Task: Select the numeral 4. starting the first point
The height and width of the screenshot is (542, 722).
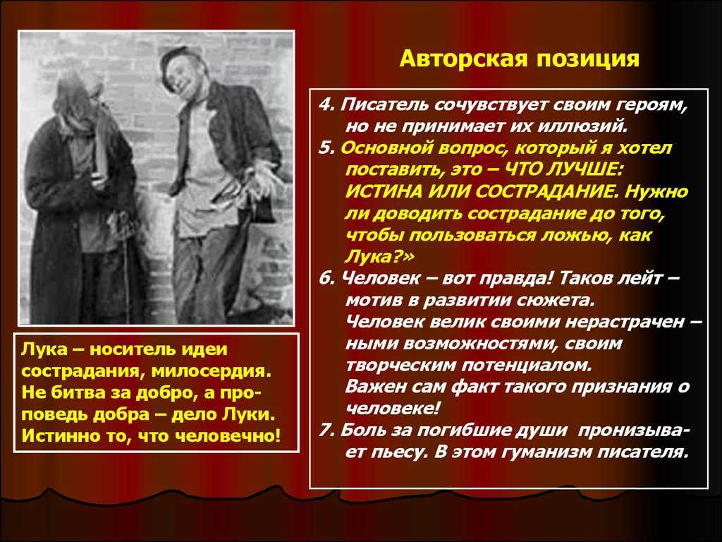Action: pyautogui.click(x=326, y=104)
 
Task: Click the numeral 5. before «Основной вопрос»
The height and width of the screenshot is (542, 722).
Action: pyautogui.click(x=326, y=148)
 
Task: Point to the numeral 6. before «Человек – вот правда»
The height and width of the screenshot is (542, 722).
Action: pyautogui.click(x=326, y=278)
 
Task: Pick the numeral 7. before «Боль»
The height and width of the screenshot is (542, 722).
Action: pyautogui.click(x=326, y=430)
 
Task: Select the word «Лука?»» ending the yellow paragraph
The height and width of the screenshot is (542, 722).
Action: pyautogui.click(x=379, y=256)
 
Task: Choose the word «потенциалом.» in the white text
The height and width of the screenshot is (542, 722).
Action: pyautogui.click(x=527, y=366)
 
